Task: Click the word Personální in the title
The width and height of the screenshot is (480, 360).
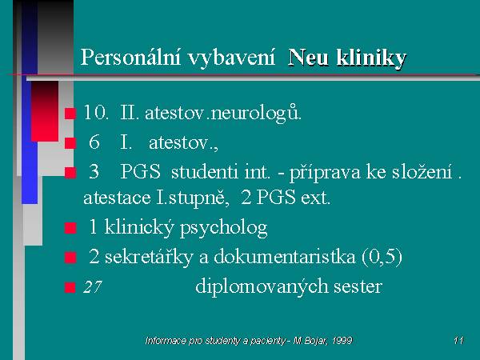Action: [130, 58]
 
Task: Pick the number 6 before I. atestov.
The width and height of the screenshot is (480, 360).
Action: [94, 142]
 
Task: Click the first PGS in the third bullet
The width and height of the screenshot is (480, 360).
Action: [140, 171]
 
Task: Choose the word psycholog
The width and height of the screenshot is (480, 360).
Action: [224, 228]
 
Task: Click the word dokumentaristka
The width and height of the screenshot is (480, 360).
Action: [285, 256]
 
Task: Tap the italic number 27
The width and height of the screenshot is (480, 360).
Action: [92, 287]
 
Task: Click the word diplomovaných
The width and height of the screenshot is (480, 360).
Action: [262, 287]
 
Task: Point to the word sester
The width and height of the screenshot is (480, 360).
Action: [358, 287]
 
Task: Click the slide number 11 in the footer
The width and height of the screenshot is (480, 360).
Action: [458, 341]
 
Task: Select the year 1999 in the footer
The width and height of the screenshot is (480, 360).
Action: [342, 341]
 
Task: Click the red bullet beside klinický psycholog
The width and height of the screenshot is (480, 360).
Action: [70, 228]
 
